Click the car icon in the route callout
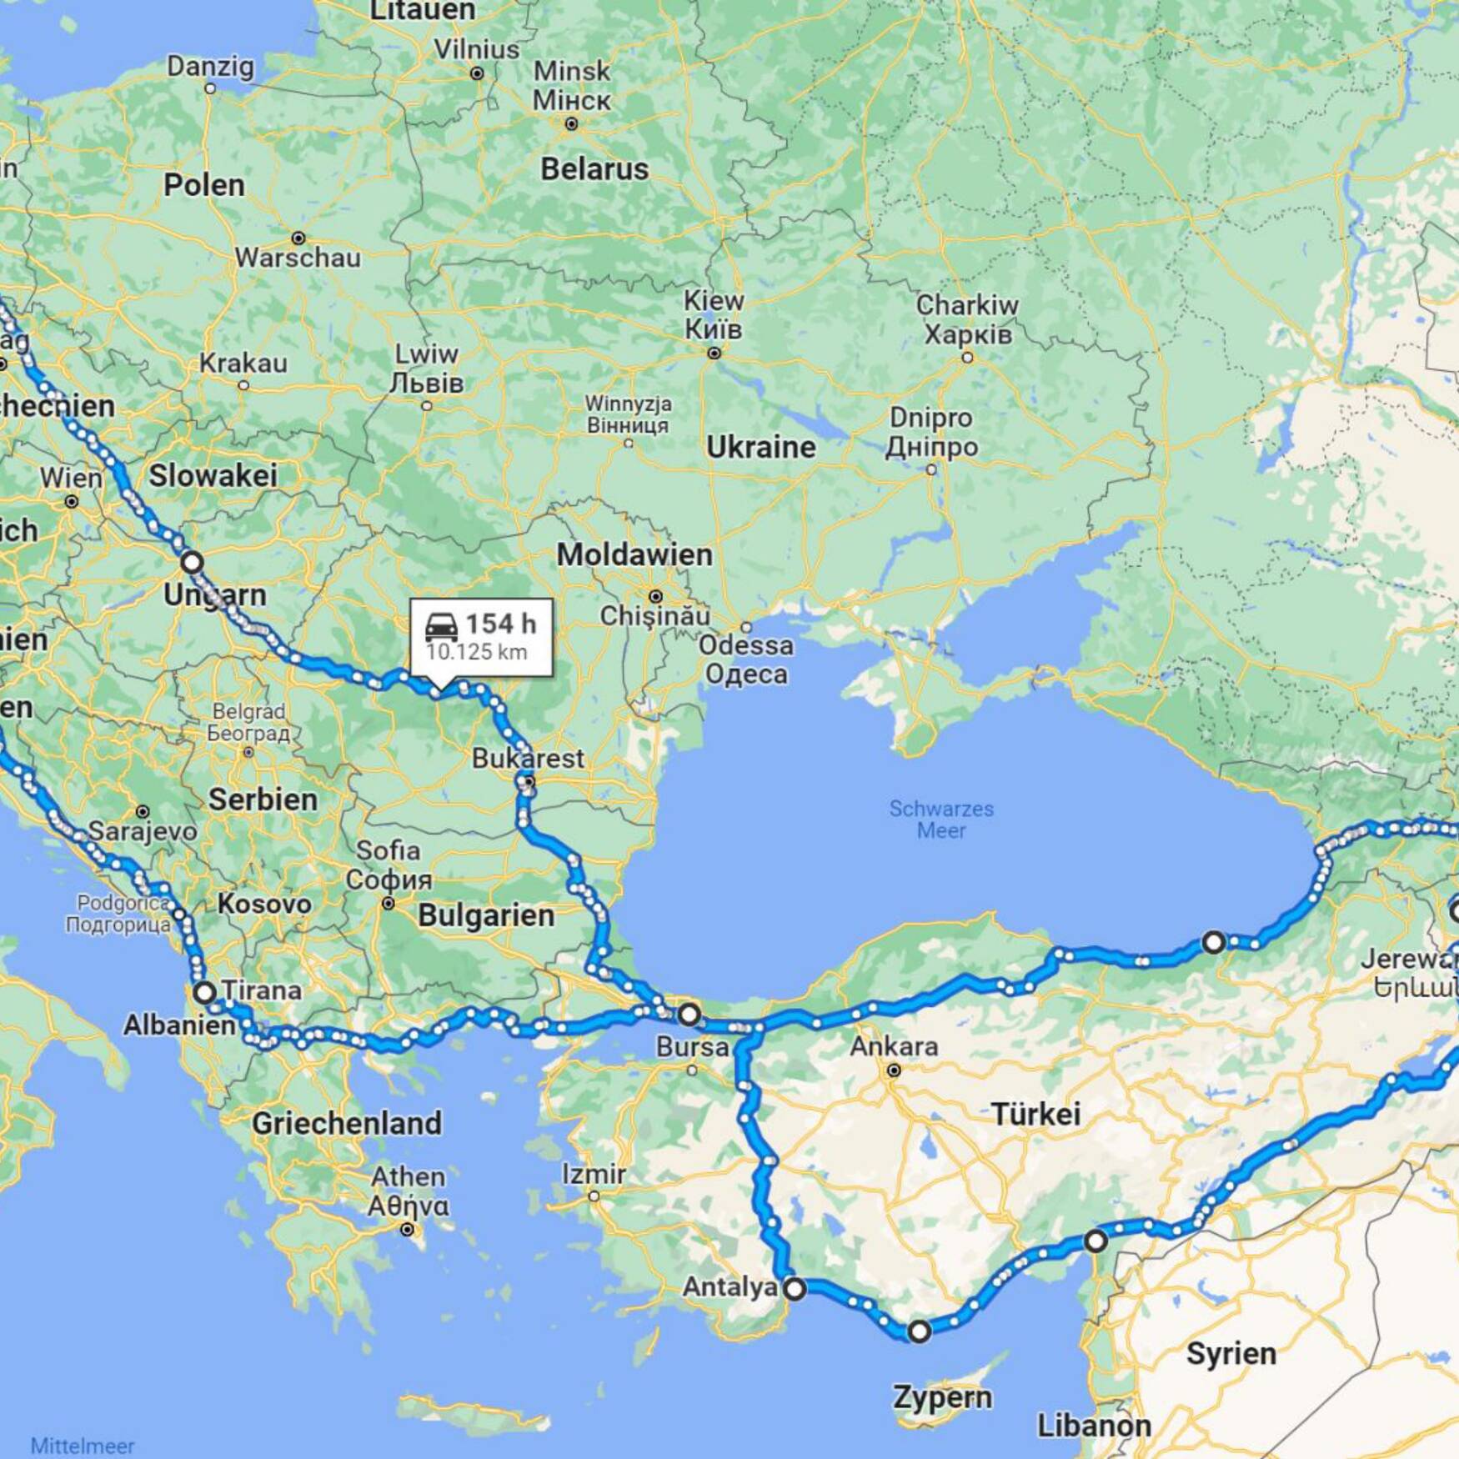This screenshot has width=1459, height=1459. point(441,625)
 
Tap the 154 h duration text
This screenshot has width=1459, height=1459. point(500,624)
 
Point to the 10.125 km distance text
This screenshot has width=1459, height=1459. point(476,652)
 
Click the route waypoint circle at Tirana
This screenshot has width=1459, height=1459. point(204,992)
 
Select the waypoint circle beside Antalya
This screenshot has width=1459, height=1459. point(795,1289)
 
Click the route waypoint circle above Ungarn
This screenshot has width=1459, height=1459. point(192,562)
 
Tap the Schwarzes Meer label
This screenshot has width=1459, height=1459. point(940,820)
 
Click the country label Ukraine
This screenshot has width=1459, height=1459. point(760,448)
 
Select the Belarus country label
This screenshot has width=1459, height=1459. point(594,169)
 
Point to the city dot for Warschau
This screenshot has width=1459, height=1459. point(298,238)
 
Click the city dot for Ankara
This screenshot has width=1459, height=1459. point(893,1070)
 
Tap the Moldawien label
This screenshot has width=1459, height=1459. point(634,554)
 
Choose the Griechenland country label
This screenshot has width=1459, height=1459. point(347,1123)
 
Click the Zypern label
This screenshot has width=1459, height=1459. point(942,1397)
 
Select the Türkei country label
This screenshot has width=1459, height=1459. point(1035,1113)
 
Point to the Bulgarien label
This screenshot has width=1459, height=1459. point(486,915)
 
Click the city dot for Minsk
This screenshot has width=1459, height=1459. point(571,124)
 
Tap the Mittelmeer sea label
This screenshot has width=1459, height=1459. point(82,1446)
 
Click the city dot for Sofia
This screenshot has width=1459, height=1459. point(388,903)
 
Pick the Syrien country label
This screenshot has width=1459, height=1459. point(1231,1354)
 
